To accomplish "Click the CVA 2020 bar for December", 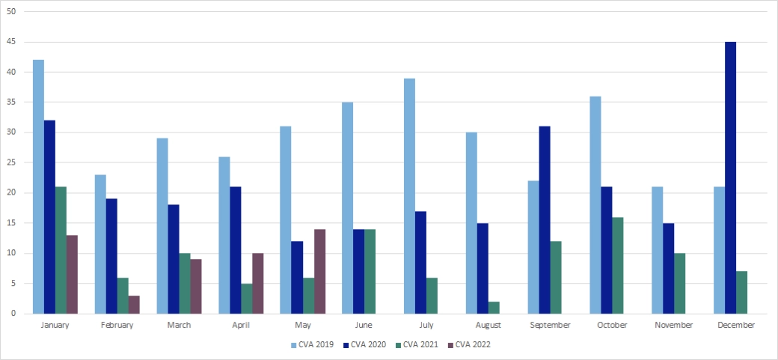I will pyautogui.click(x=730, y=178).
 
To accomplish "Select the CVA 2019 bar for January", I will pyautogui.click(x=38, y=187).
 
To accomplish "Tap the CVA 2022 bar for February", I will pyautogui.click(x=134, y=305).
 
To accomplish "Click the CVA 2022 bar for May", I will pyautogui.click(x=319, y=272).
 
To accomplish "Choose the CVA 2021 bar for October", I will pyautogui.click(x=617, y=266).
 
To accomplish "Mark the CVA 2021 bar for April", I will pyautogui.click(x=246, y=299).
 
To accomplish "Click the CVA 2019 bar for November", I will pyautogui.click(x=658, y=251).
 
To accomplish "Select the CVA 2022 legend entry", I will pyautogui.click(x=469, y=344).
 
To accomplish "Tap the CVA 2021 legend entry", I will pyautogui.click(x=417, y=344).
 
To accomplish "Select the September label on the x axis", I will pyautogui.click(x=550, y=326).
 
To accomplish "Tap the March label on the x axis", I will pyautogui.click(x=179, y=326).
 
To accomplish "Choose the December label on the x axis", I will pyautogui.click(x=736, y=326).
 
